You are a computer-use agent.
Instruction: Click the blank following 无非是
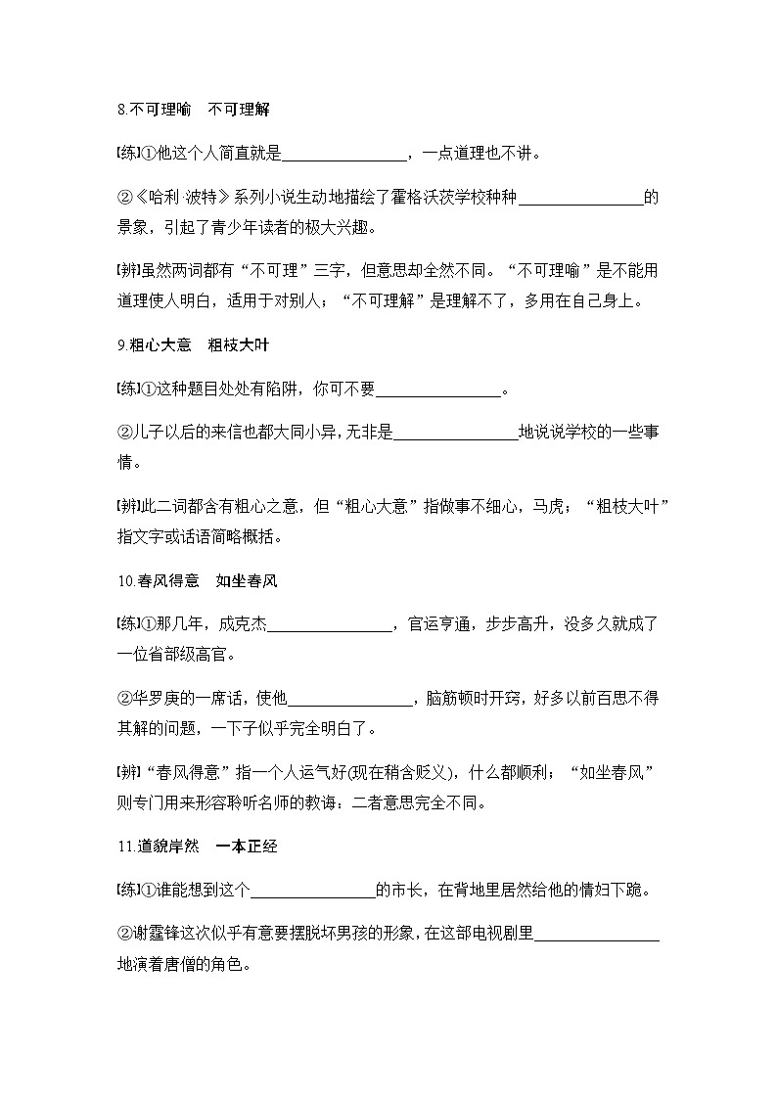[x=455, y=435]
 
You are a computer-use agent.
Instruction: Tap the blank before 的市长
[x=314, y=891]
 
